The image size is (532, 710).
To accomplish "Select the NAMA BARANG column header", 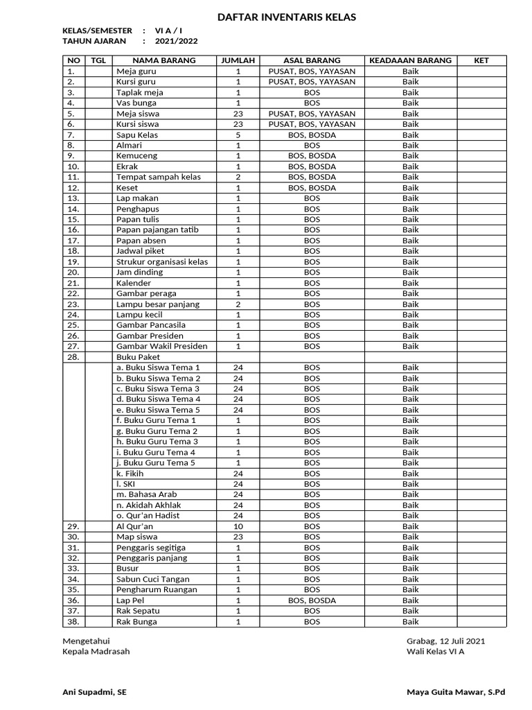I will point(164,60).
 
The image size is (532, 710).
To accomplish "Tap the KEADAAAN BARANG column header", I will point(410,60).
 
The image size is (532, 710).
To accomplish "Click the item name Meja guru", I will point(136,71).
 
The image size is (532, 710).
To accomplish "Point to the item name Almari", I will point(129,146).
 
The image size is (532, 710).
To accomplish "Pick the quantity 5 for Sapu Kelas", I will point(238,135).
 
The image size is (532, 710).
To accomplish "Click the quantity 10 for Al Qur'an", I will point(238,526).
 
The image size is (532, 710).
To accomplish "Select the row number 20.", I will point(74,272).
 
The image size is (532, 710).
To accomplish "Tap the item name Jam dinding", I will point(139,272).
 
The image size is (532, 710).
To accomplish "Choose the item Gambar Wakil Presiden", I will point(161,346).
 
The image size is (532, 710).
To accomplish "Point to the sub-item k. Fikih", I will point(130,474).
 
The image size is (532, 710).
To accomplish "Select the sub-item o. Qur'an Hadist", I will point(148,516).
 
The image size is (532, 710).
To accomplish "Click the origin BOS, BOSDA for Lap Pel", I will point(312,600).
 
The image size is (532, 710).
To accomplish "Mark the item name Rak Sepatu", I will point(137,611).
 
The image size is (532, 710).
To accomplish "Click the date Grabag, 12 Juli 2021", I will point(445,641).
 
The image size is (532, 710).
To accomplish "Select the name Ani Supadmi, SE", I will point(94,692).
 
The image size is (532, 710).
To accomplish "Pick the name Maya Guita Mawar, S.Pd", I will point(456,692).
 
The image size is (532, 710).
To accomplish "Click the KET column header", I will point(481,60).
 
